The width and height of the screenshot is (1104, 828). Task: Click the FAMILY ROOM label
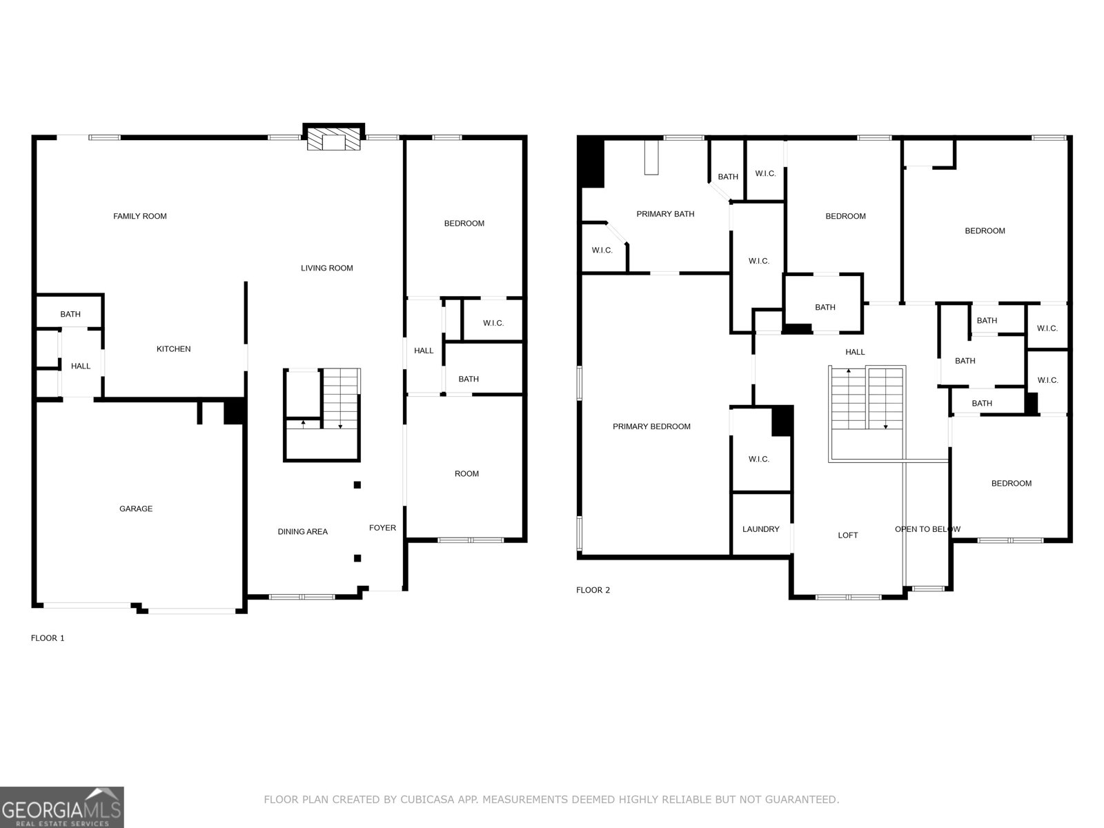pyautogui.click(x=140, y=216)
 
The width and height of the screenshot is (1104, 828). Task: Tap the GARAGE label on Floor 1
pyautogui.click(x=136, y=509)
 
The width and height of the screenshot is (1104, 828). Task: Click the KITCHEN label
pyautogui.click(x=173, y=349)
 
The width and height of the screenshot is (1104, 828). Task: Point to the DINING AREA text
pyautogui.click(x=302, y=531)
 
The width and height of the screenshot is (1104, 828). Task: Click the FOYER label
pyautogui.click(x=382, y=528)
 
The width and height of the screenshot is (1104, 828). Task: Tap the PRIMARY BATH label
pyautogui.click(x=665, y=214)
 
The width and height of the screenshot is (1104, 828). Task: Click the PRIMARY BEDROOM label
pyautogui.click(x=651, y=426)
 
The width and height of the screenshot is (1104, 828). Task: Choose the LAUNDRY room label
pyautogui.click(x=760, y=529)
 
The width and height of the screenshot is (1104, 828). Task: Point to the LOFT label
pyautogui.click(x=848, y=535)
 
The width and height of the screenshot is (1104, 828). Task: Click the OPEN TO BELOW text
pyautogui.click(x=927, y=529)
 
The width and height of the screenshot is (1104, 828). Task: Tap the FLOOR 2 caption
pyautogui.click(x=593, y=590)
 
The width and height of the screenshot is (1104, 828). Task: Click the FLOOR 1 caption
pyautogui.click(x=48, y=638)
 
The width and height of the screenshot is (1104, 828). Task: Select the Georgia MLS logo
pyautogui.click(x=62, y=807)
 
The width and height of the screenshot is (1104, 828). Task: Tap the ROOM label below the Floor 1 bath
pyautogui.click(x=466, y=473)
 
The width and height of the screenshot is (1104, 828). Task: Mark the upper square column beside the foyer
pyautogui.click(x=357, y=485)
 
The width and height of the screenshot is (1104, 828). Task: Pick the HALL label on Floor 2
pyautogui.click(x=855, y=352)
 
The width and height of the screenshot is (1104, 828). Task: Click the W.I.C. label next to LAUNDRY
pyautogui.click(x=758, y=459)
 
